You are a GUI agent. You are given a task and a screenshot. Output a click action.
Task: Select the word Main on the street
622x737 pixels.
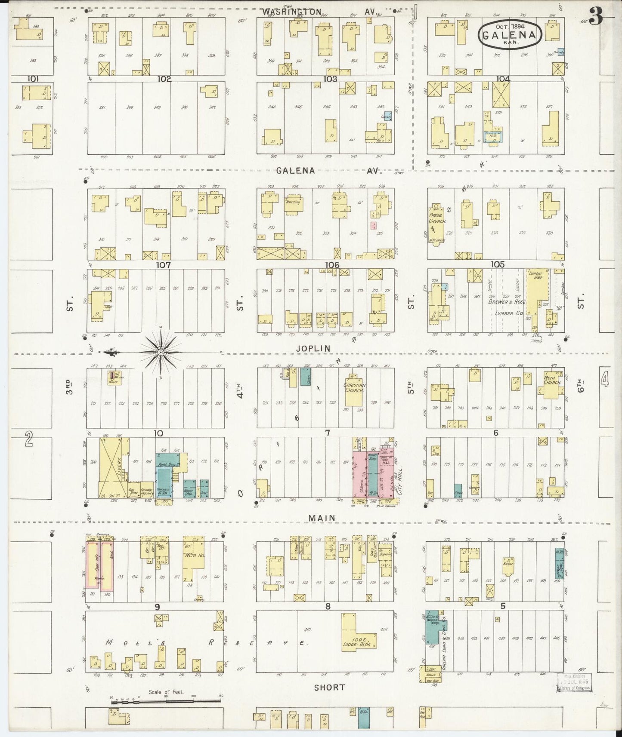click(321, 518)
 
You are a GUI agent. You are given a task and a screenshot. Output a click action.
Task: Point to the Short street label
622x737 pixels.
click(329, 687)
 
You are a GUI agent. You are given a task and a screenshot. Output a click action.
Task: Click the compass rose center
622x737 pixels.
click(161, 353)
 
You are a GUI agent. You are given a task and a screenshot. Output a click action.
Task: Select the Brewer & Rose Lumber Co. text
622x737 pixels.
click(506, 307)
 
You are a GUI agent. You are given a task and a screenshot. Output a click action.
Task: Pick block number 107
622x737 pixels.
click(164, 265)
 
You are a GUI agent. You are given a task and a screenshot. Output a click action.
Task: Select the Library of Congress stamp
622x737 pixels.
click(574, 683)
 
